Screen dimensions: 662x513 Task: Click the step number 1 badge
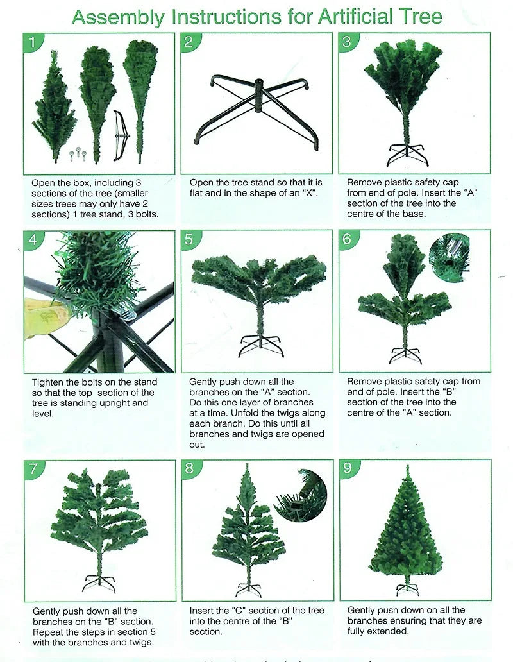[34, 43]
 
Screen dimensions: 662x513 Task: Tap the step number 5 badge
[189, 240]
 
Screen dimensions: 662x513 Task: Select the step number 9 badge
[348, 468]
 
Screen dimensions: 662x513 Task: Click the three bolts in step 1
[77, 154]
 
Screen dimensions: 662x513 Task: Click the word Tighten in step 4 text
[48, 382]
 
